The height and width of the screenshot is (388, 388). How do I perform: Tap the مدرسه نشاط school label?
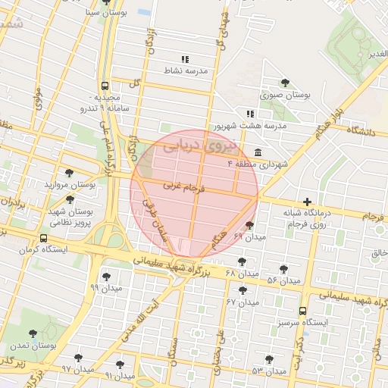(186, 70)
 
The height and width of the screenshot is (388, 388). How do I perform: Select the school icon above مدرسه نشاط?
(184, 58)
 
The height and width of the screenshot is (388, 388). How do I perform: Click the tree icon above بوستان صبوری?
(285, 83)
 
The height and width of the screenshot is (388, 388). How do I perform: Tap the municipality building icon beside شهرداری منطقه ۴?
(258, 152)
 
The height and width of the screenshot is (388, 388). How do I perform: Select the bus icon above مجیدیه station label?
(104, 86)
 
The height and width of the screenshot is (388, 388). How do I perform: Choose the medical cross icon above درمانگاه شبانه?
(307, 202)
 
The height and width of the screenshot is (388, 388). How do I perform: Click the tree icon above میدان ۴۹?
(250, 226)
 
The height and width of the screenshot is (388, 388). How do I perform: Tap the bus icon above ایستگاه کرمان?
(42, 236)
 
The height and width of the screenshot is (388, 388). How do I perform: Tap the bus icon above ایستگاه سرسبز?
(303, 311)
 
